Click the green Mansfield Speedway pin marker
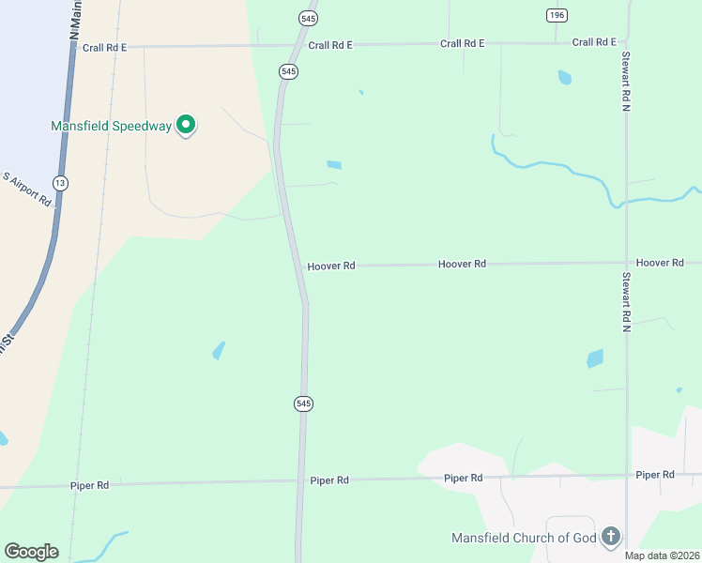pos(186,124)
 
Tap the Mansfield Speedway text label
pos(111,126)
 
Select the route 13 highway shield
pos(61,183)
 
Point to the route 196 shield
pos(557,15)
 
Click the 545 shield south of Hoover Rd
pos(302,403)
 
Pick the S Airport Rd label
pos(26,190)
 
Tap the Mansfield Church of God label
pos(524,539)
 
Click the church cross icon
pos(610,537)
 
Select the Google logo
pos(31,552)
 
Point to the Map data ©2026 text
pos(662,555)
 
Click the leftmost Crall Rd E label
pos(104,47)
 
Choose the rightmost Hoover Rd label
pos(659,263)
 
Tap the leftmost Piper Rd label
pos(89,486)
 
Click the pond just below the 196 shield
pos(564,78)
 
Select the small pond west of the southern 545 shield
pos(219,351)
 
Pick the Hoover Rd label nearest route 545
pos(330,266)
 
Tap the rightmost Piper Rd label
pos(654,475)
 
